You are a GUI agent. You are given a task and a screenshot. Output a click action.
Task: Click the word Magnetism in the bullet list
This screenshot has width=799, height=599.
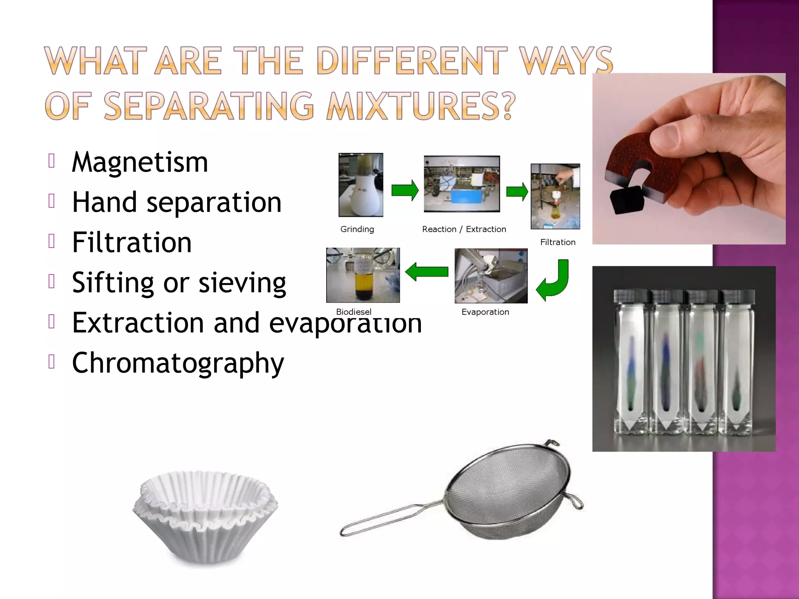click(140, 162)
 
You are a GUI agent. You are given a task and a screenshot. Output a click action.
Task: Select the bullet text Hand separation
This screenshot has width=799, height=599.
click(176, 202)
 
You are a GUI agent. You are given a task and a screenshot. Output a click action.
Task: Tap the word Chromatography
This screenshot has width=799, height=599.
click(178, 363)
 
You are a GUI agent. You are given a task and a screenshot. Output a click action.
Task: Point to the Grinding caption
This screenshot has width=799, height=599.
click(357, 229)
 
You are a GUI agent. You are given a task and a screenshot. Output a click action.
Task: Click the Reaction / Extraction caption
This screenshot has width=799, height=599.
click(464, 229)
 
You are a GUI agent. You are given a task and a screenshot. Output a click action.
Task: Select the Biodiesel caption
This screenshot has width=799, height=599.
click(353, 312)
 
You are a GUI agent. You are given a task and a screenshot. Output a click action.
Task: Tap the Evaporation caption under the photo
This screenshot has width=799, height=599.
click(485, 312)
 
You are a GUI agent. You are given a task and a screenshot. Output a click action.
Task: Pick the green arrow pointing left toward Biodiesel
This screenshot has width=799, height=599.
click(426, 271)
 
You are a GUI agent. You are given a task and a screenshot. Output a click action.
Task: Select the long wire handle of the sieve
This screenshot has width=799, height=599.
click(390, 519)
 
